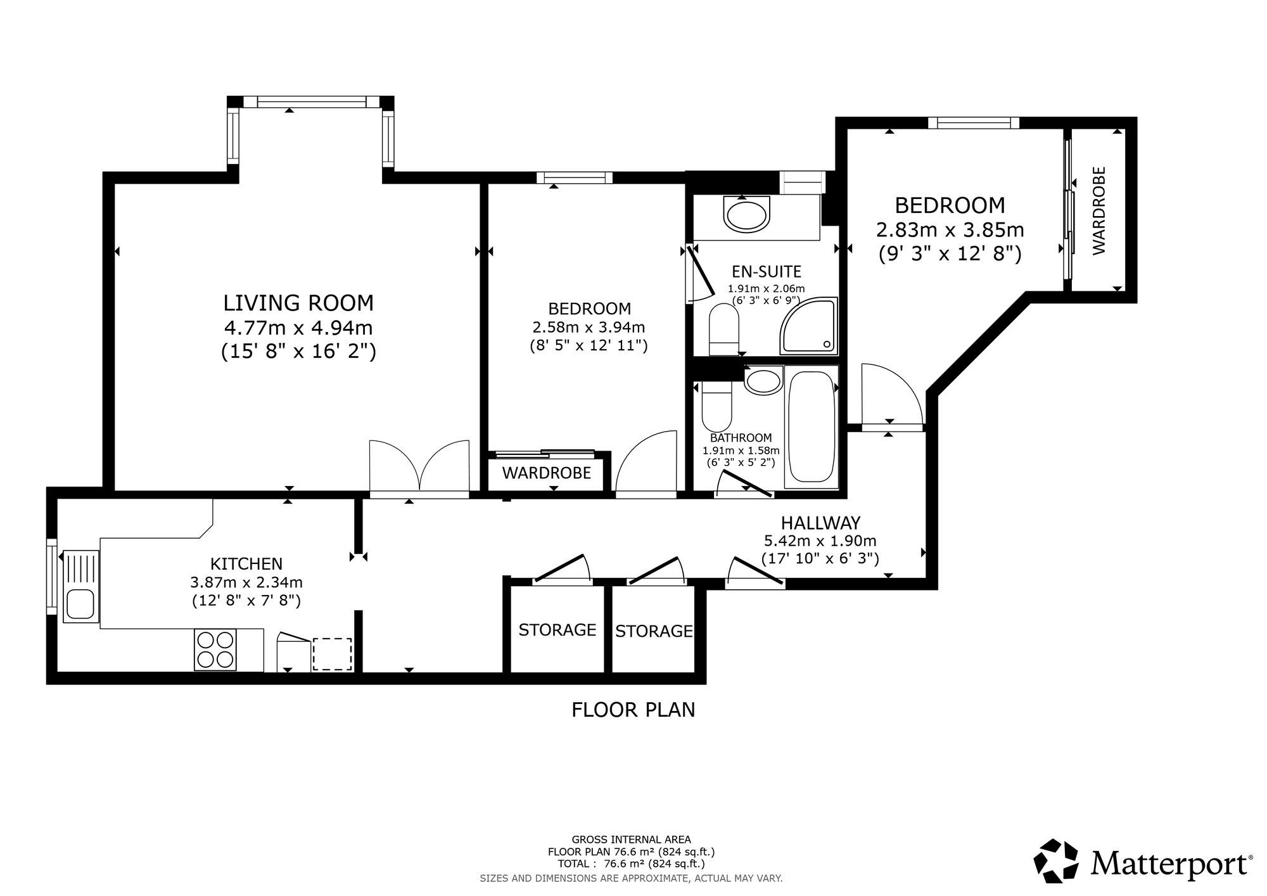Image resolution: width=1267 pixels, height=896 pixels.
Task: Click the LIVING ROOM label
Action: pyautogui.click(x=298, y=303)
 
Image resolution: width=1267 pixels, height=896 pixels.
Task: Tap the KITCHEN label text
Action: pyautogui.click(x=246, y=563)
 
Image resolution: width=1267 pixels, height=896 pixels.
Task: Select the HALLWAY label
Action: pyautogui.click(x=820, y=523)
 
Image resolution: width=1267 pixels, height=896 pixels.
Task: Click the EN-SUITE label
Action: pyautogui.click(x=767, y=272)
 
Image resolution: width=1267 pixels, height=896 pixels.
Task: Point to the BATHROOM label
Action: pyautogui.click(x=741, y=438)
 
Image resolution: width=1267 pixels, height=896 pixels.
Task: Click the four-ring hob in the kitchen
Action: pyautogui.click(x=215, y=650)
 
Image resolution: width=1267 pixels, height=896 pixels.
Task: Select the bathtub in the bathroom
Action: pyautogui.click(x=811, y=427)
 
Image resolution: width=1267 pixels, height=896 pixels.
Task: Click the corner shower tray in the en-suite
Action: pyautogui.click(x=808, y=326)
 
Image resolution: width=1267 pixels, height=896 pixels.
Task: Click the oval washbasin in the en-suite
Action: pyautogui.click(x=746, y=215)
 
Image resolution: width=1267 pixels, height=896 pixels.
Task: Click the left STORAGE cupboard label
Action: pyautogui.click(x=557, y=630)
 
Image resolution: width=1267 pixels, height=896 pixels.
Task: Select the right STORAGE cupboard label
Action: pyautogui.click(x=654, y=631)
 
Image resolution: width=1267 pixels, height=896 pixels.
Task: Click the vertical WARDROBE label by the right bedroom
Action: pyautogui.click(x=1099, y=211)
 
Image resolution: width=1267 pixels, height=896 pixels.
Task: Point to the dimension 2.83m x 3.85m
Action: pyautogui.click(x=950, y=229)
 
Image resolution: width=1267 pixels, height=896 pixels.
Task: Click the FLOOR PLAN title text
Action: pyautogui.click(x=633, y=710)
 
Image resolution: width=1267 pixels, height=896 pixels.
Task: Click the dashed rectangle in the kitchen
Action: pyautogui.click(x=333, y=654)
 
